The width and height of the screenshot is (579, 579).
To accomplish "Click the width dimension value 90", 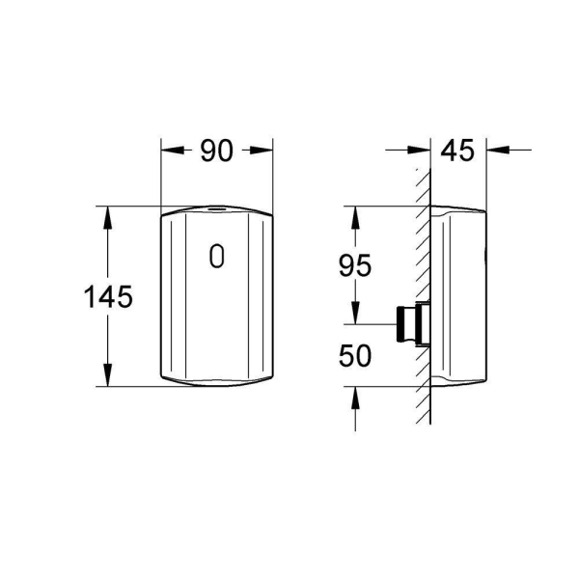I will [x=217, y=151].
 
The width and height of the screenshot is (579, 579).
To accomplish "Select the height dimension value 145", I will [x=108, y=297].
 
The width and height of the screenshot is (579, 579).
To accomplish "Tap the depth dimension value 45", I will [x=458, y=151].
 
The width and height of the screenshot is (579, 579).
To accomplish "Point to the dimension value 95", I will [x=354, y=265].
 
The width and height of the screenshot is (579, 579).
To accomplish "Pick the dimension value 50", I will [x=354, y=355].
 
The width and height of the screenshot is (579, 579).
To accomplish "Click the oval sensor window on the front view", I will [x=217, y=256].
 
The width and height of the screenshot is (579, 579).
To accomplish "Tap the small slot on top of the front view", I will [x=217, y=207].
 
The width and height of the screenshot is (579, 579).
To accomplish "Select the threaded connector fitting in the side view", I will [x=410, y=324].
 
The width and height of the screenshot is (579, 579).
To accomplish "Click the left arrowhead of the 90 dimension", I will [x=169, y=151].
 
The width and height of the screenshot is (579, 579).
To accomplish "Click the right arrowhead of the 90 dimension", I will [x=264, y=151].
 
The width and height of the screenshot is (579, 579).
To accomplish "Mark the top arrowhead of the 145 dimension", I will [x=108, y=214].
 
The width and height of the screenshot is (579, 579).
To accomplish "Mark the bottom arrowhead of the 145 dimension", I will [x=108, y=377].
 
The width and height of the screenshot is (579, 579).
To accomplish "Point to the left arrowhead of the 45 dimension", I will [x=422, y=151].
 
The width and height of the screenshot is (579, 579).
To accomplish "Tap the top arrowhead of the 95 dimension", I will [x=354, y=214].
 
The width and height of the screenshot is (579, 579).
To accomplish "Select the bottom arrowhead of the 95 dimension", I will [x=354, y=316].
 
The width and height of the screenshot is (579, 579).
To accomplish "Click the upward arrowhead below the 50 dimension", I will [x=354, y=397].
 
